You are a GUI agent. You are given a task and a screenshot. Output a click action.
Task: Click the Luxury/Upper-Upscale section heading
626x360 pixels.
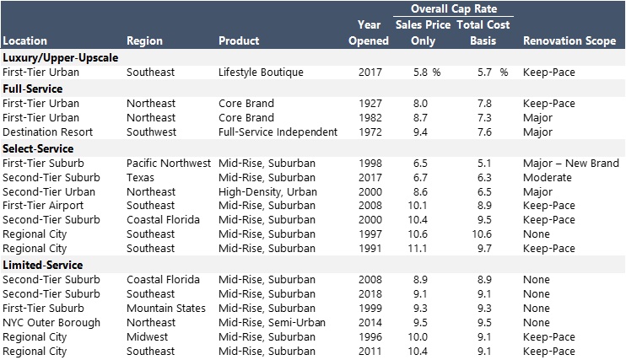60,57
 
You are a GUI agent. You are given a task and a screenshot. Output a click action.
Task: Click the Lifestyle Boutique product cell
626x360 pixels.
261,73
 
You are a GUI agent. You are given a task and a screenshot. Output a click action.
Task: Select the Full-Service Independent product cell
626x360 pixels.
278,132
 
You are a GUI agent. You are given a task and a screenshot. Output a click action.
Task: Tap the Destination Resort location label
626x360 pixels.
47,132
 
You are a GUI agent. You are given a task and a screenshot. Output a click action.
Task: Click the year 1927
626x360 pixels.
370,104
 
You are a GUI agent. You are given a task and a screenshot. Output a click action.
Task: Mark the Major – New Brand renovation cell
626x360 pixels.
571,163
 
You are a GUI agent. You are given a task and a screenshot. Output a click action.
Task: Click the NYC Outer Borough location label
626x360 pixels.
51,322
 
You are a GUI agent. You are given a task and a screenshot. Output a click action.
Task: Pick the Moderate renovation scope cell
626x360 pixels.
547,177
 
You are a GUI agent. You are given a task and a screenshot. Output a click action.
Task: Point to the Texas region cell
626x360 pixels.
140,177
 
